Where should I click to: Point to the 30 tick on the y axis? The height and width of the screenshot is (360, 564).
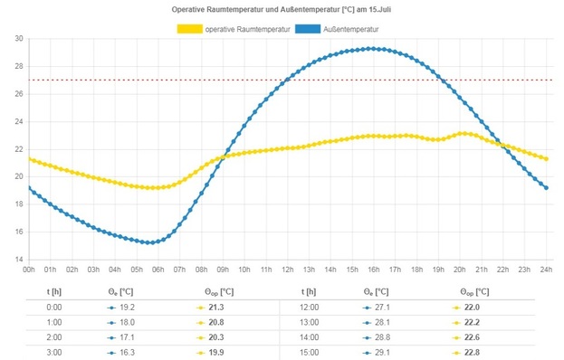click(19, 39)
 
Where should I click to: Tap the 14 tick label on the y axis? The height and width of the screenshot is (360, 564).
click(19, 260)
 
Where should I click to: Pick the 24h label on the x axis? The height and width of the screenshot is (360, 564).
click(547, 270)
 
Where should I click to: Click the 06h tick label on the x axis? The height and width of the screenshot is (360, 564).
click(158, 270)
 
